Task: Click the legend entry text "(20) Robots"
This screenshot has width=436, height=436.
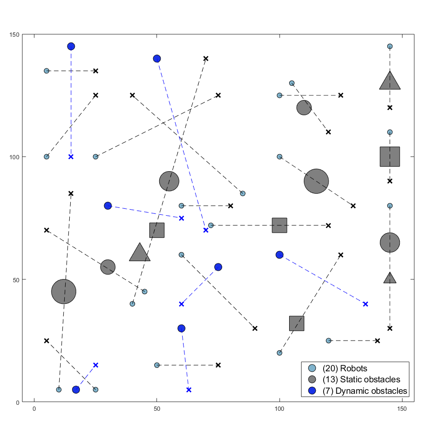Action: [345, 368]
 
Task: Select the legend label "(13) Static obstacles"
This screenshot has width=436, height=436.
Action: [361, 380]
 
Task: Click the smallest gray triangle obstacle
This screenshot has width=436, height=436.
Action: [390, 278]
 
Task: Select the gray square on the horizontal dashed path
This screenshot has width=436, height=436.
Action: [279, 225]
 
